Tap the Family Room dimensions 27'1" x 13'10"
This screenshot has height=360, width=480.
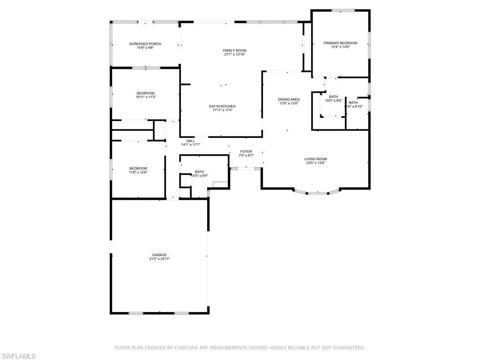pos(234,54)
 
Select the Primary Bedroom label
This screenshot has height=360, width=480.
pos(340,43)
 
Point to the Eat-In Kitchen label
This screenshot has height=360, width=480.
pos(222,106)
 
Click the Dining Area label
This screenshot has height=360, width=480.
pos(289,99)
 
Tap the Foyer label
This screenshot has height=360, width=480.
pos(246,151)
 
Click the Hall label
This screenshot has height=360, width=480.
pos(190,141)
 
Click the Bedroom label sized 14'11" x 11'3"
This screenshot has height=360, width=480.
pos(145,93)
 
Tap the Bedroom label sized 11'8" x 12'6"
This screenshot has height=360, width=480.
pos(138,168)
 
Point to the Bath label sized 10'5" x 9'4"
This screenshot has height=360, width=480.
pos(199,172)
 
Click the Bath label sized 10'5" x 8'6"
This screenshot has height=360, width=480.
pos(333,97)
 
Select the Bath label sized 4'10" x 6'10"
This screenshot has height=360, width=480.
pos(353,103)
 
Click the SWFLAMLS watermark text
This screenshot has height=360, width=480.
pos(18,356)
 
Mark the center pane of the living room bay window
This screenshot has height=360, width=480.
pos(317,192)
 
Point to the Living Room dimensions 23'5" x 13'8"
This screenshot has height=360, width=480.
pos(315,163)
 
